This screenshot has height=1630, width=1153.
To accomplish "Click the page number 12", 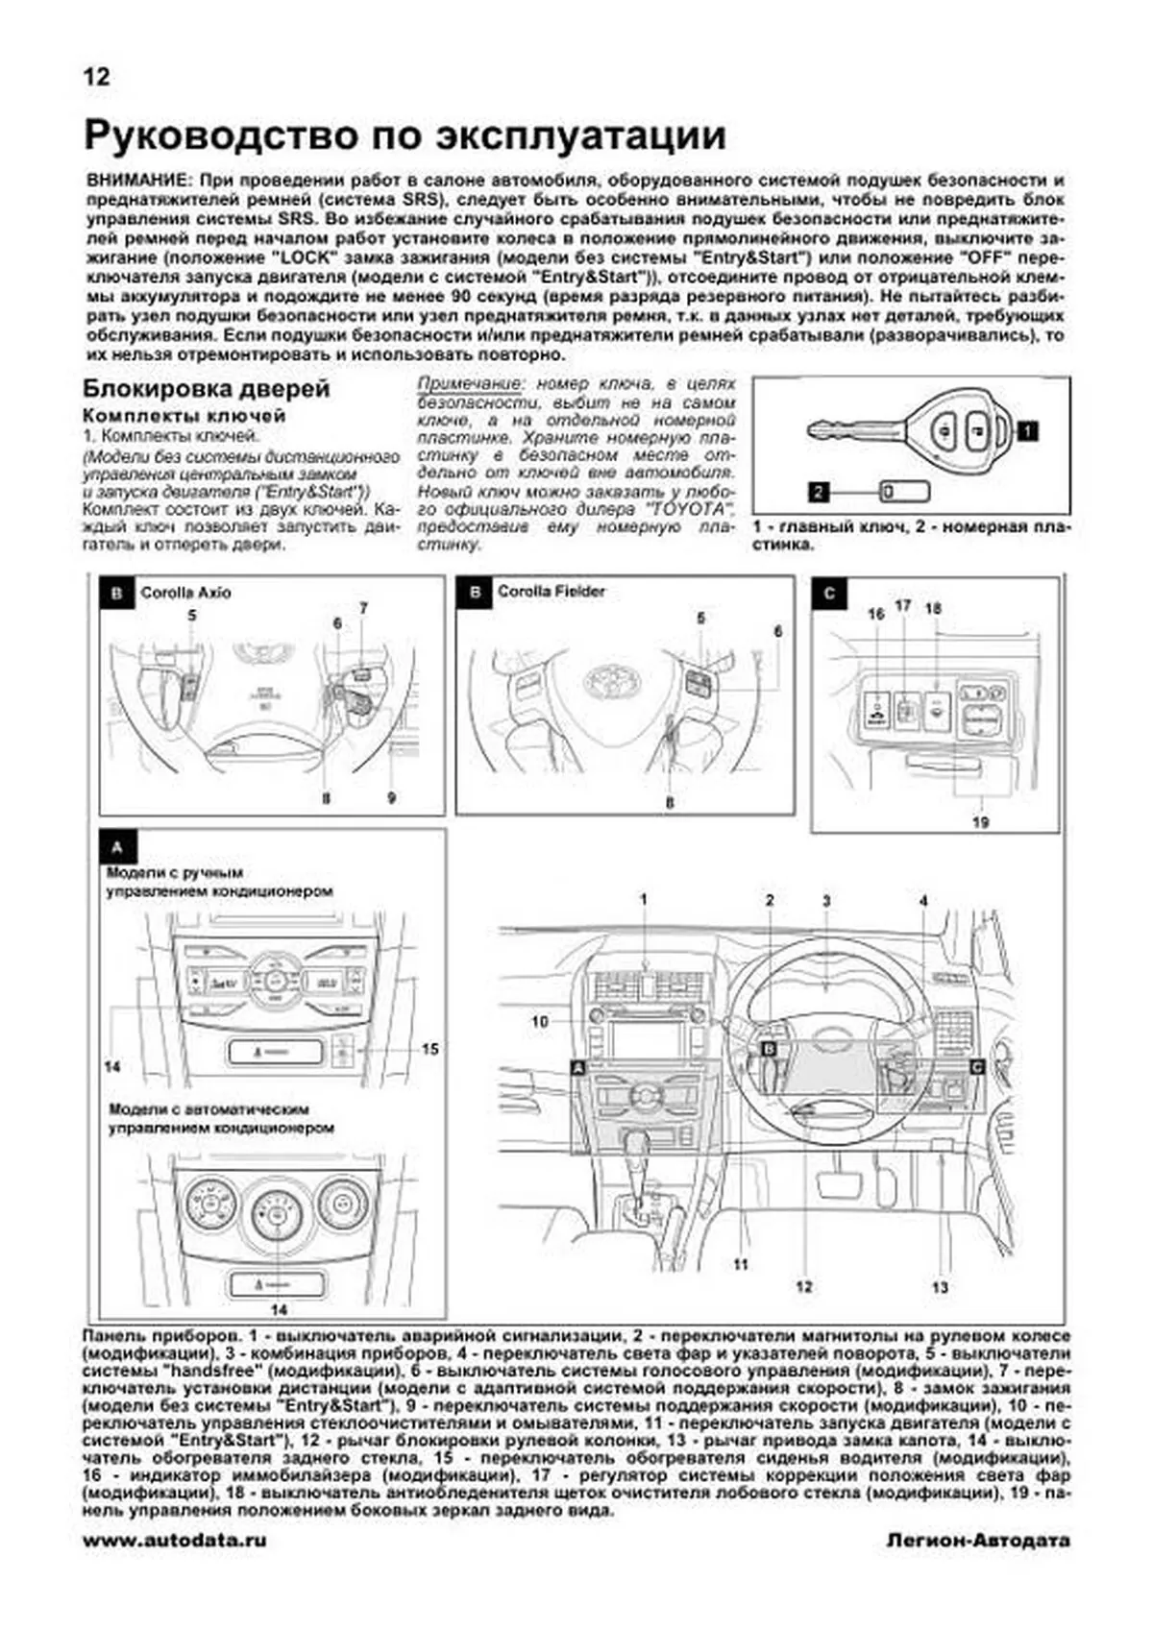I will pos(97,77).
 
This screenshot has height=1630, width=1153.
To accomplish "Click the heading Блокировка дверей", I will pos(207,389).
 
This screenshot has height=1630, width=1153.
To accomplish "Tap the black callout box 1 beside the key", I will pos(1027,431).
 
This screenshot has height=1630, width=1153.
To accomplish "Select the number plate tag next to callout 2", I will pos(905,492).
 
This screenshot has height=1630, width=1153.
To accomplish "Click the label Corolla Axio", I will pos(185,593).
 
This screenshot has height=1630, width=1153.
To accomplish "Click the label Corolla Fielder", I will pos(551,592).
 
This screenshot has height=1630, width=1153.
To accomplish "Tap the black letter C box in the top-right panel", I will pos(829,594).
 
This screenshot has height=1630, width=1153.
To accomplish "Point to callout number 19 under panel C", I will pos(980,822).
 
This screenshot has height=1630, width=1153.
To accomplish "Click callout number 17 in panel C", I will pos(902,606).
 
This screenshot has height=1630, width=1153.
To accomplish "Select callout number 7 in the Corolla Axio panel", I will pos(364,608).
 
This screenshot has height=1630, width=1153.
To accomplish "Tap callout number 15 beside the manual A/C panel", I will pos(429,1049).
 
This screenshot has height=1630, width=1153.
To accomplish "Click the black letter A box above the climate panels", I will pos(117,848).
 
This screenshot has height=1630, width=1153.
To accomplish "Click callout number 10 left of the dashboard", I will pos(540,1021).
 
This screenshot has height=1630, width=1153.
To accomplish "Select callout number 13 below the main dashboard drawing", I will pos(940,1287).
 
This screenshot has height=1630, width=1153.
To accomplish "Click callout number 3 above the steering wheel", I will pos(826,901).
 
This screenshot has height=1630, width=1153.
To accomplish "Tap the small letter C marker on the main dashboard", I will pos(976,1066).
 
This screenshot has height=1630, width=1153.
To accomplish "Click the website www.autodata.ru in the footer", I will pos(175,1540).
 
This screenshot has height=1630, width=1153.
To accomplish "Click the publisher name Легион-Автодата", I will pos(977,1540).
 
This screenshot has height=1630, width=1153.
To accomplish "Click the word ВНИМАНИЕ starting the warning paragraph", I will pos(134,181).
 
